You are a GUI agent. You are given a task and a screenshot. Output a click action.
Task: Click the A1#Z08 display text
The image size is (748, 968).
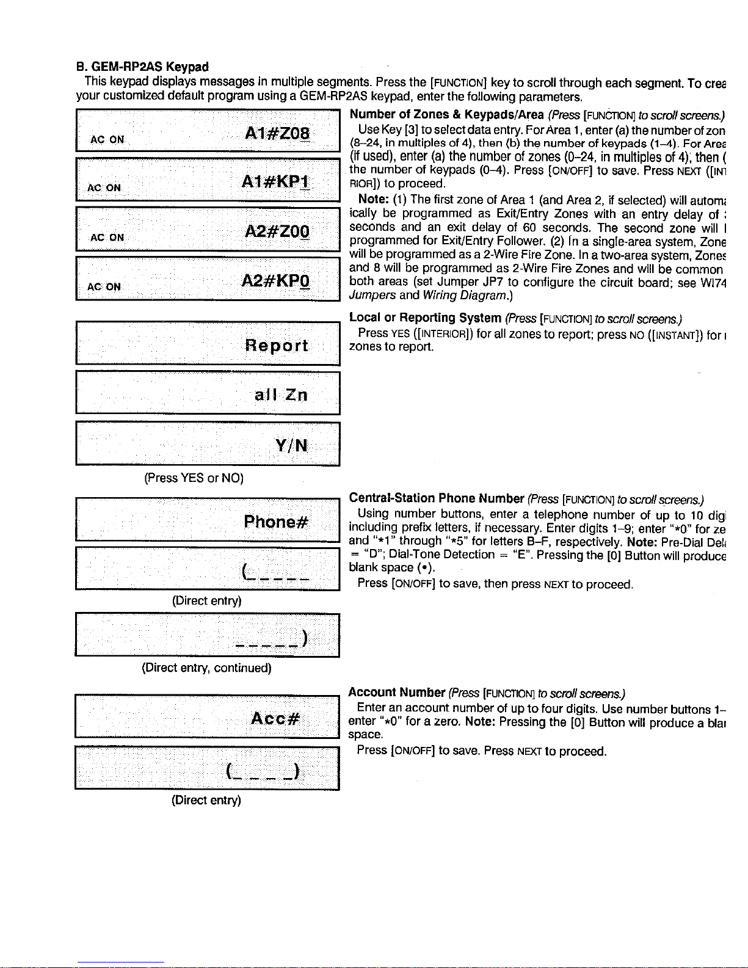277,134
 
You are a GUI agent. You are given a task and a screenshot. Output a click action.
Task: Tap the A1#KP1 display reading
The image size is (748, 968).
275,182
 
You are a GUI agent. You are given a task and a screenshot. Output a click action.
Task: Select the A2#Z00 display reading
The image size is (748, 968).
277,231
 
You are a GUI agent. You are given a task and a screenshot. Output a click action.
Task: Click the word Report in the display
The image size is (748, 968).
277,346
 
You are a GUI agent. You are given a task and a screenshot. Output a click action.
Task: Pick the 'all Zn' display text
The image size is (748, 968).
281,395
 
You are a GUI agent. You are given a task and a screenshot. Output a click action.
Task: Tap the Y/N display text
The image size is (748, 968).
291,445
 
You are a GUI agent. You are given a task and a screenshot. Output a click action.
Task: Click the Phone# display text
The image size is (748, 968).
276,522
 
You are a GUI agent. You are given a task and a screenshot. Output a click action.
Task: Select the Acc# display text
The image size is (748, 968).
275,718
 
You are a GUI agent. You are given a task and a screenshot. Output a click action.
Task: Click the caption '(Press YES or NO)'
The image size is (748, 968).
194,478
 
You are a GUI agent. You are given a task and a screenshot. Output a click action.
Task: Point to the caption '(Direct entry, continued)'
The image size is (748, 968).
206,668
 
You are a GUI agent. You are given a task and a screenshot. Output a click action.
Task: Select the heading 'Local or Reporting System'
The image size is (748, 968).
425,318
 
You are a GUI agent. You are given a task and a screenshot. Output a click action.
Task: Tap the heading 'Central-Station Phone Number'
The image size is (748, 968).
437,498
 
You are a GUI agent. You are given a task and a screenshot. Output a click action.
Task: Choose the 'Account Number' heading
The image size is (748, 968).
396,692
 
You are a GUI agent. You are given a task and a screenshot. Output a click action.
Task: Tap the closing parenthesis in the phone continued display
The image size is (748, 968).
303,638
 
